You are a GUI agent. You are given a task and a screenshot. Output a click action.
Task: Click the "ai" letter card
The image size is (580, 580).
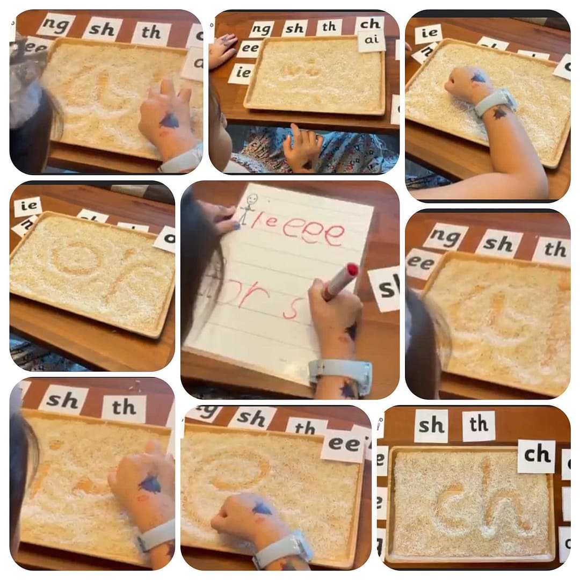(371, 41)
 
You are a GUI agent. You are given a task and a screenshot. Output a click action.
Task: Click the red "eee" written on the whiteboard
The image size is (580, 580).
(314, 231)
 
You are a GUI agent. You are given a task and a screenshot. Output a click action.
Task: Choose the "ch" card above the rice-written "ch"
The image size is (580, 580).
(536, 455)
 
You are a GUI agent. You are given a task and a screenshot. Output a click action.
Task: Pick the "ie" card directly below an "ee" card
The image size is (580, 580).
(241, 73)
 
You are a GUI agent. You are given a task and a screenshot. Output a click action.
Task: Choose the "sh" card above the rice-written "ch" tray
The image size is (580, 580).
(432, 425)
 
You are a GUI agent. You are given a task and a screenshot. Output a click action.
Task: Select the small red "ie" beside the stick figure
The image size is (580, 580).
(267, 220)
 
